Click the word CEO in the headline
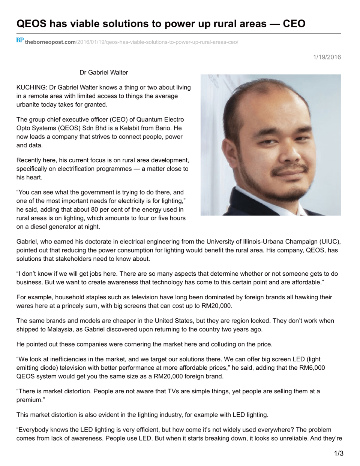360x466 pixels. coord(294,24)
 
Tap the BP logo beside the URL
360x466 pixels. coord(20,40)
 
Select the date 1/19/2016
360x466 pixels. coord(327,57)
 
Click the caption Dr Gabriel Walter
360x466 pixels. coord(104,72)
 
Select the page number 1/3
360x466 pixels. coord(339,453)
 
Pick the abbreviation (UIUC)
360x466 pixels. coord(330,242)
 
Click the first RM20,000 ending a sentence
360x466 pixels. coord(216,306)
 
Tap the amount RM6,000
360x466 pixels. coord(312,368)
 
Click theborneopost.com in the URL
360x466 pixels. coord(50,42)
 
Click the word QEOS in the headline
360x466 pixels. coord(31,24)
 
